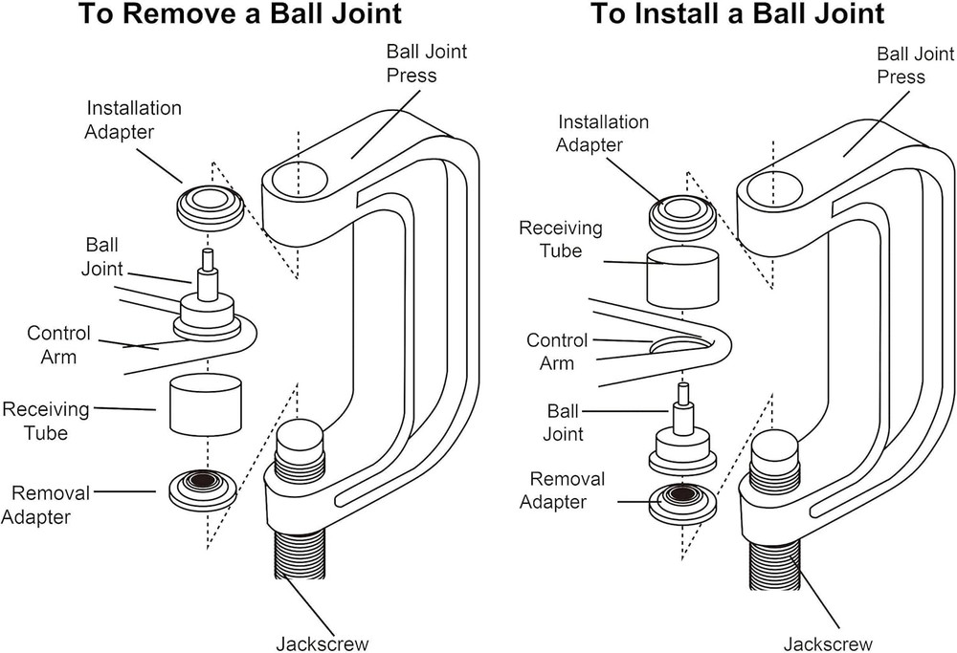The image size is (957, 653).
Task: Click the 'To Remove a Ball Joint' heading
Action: pos(239,15)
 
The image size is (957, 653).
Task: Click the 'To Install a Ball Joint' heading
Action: pos(737,15)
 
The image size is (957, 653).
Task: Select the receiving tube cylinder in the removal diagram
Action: pos(205,403)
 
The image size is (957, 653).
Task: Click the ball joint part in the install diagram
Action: pos(683,435)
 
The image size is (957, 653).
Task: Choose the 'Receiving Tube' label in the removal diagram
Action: pos(46,421)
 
